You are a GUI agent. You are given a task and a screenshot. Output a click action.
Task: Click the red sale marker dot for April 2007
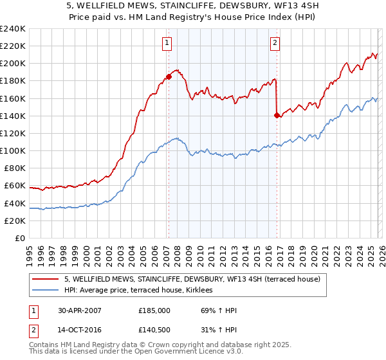pos(169,76)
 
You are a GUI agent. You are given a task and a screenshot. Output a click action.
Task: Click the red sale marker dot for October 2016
pos(277,115)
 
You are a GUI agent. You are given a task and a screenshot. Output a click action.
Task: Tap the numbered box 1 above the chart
pos(167,43)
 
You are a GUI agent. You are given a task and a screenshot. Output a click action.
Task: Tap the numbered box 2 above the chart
pos(275,43)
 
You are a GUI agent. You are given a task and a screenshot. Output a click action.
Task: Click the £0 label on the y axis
pos(19,238)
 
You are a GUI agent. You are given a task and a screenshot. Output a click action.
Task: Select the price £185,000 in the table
pos(154,310)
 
